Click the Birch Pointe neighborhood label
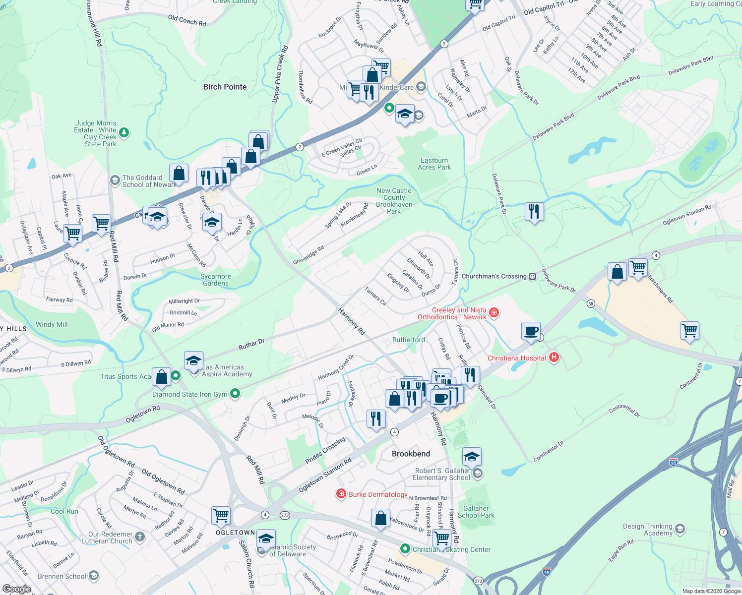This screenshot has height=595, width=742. click(225, 87)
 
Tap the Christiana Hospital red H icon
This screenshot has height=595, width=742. click(554, 357)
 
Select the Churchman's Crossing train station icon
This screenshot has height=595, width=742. click(532, 276)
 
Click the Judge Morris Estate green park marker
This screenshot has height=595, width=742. click(124, 132)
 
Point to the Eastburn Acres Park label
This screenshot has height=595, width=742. click(434, 164)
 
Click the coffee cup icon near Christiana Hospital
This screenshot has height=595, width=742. click(531, 331)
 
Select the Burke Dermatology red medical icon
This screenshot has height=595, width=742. click(341, 494)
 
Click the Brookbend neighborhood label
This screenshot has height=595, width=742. click(411, 454)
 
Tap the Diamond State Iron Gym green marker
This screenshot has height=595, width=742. click(235, 394)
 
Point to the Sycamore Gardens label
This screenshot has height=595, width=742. click(216, 280)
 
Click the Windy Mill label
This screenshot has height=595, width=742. click(52, 324)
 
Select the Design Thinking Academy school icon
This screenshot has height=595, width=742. click(680, 529)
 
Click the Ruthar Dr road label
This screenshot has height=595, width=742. click(251, 344)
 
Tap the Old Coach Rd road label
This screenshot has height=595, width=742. click(187, 20)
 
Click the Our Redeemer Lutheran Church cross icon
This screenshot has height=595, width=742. click(140, 536)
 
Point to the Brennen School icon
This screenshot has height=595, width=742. click(94, 576)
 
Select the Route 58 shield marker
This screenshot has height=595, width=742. click(591, 303)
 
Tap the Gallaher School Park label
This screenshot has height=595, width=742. click(476, 512)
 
